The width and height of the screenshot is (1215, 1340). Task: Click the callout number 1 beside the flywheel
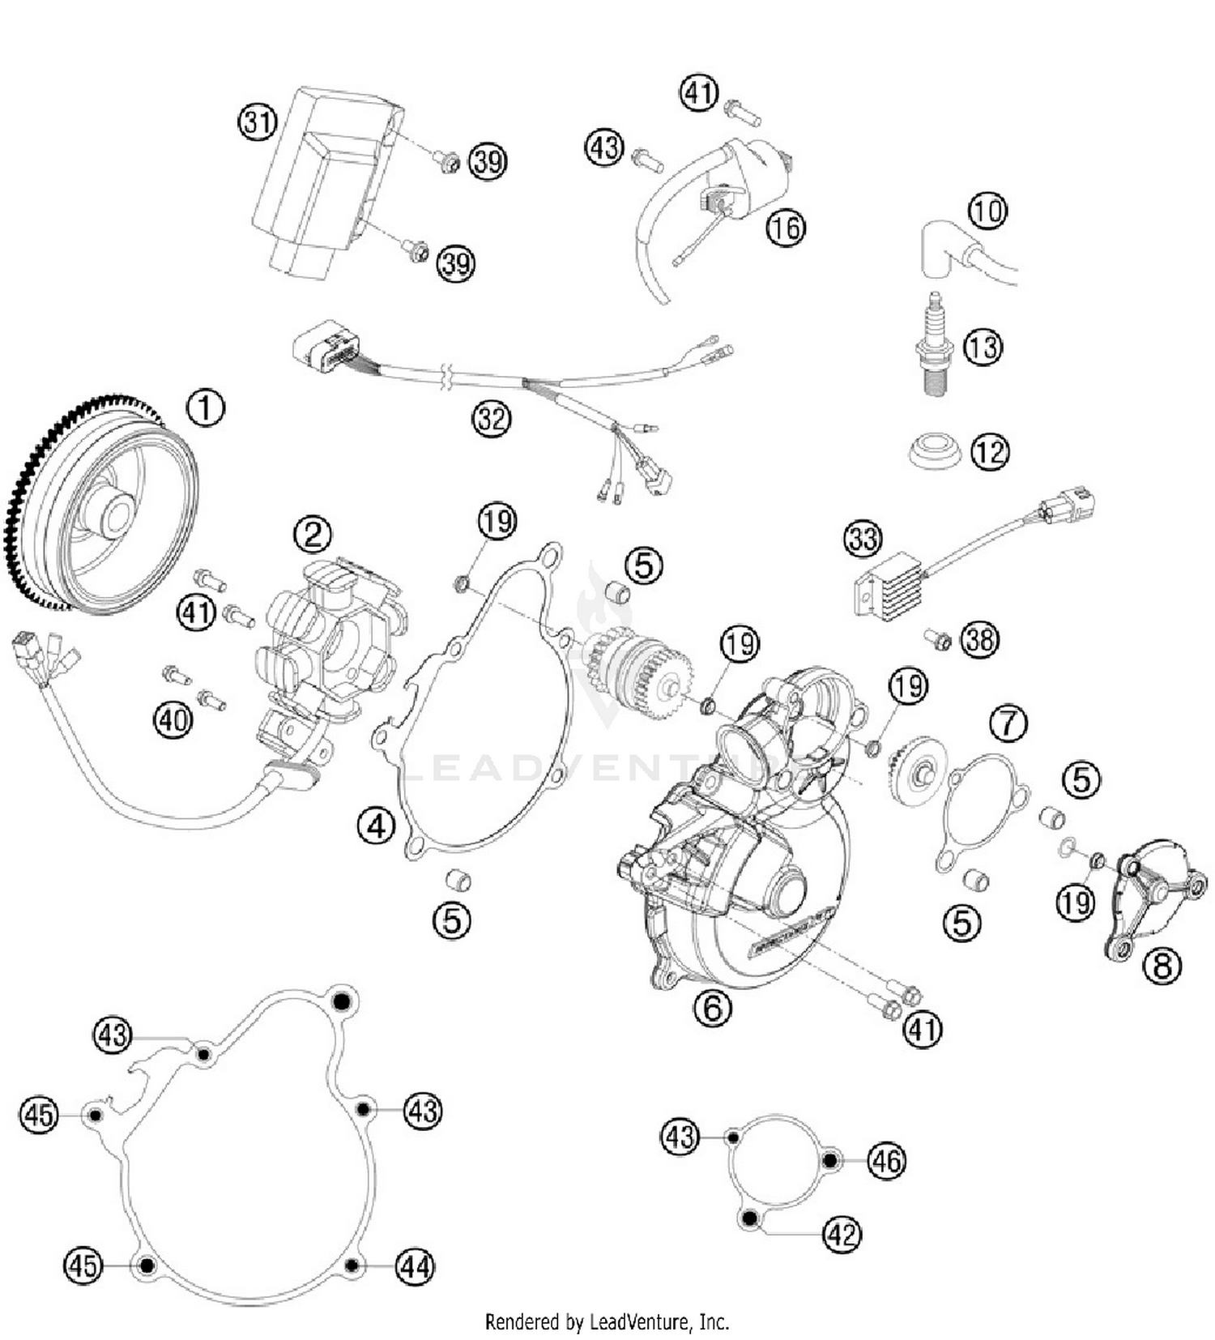(206, 408)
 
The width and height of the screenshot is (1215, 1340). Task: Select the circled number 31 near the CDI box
(258, 122)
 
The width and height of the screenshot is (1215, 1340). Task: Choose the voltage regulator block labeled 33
(888, 584)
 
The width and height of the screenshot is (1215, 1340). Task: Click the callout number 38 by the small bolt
(980, 639)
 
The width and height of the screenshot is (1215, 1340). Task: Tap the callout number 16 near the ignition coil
(786, 228)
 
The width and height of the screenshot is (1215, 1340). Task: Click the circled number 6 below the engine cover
(713, 1007)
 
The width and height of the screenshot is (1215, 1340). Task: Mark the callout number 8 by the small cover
(1162, 966)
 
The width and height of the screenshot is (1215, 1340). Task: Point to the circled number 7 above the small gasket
(1008, 723)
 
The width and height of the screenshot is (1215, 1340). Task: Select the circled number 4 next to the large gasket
(376, 826)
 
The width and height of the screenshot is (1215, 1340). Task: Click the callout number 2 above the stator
(313, 534)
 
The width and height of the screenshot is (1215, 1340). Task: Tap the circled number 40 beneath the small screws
(173, 719)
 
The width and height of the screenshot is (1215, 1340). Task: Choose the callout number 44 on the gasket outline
(415, 1265)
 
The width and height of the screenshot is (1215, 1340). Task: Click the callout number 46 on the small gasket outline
(886, 1161)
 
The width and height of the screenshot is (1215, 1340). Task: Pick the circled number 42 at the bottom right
(842, 1235)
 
